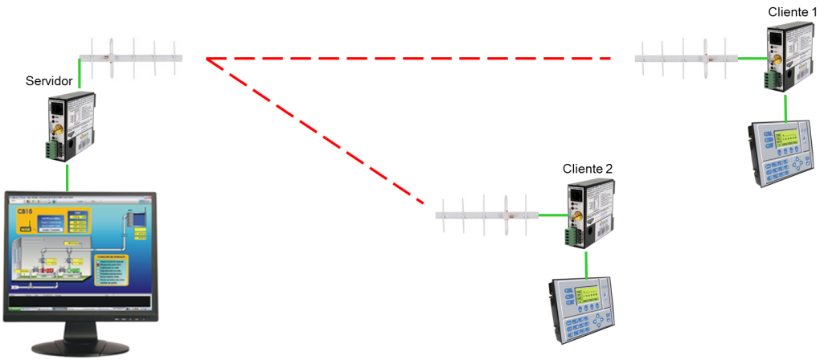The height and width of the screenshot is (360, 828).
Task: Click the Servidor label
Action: (50, 81)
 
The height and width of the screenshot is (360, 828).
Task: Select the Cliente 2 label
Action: (588, 169)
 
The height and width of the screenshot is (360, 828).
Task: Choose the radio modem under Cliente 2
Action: (584, 214)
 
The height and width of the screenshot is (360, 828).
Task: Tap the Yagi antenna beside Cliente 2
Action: (487, 215)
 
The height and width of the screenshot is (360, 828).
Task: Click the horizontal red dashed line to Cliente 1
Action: (410, 59)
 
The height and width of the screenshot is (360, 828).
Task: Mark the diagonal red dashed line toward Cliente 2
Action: (314, 129)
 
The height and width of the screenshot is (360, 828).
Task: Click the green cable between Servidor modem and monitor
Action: (67, 176)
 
